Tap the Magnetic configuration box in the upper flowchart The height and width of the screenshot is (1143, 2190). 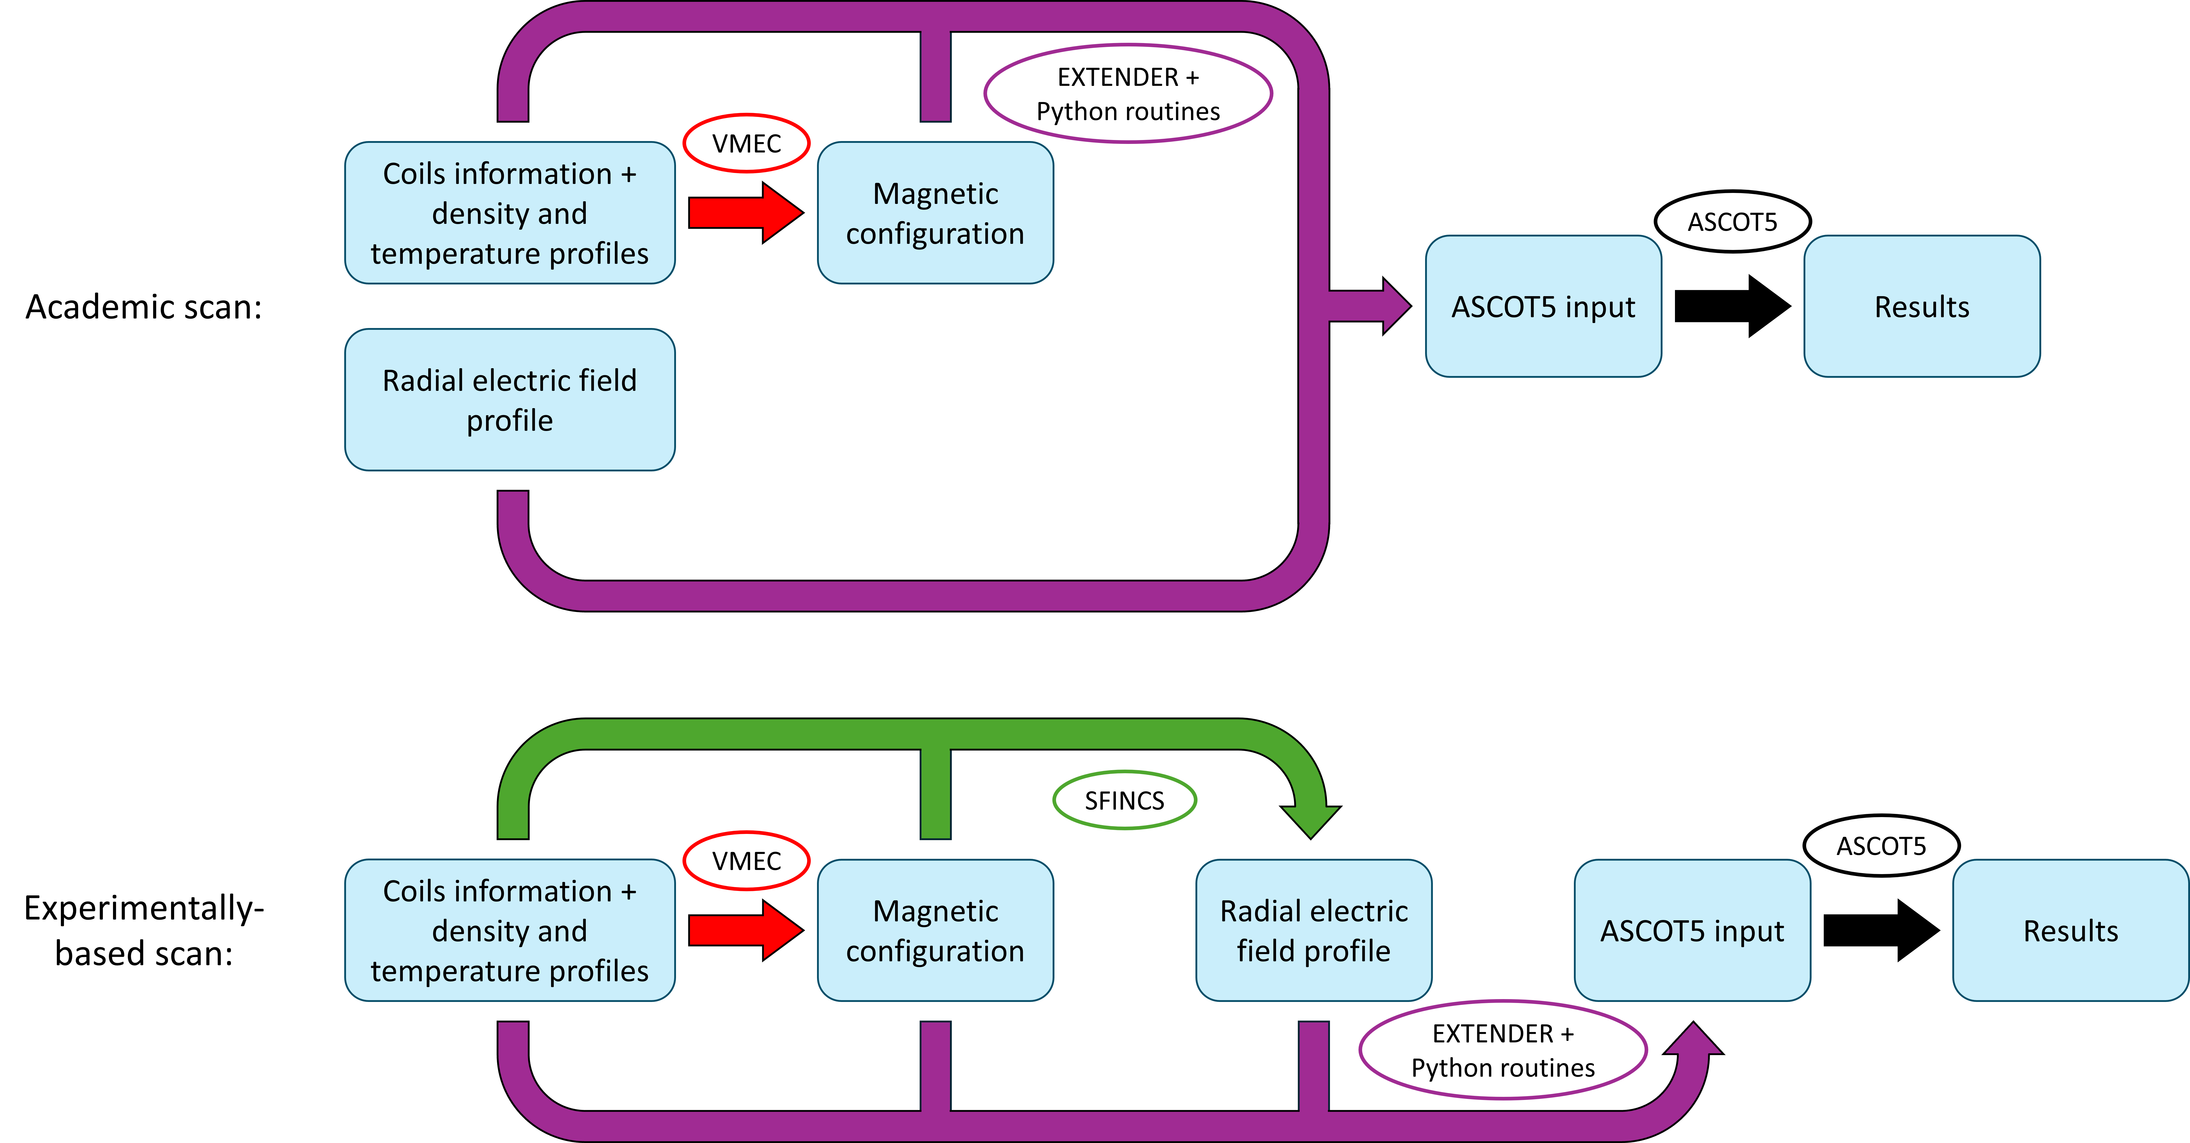coord(935,213)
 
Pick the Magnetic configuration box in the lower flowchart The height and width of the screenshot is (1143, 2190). coord(935,930)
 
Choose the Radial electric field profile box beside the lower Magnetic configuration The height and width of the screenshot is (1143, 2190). coord(1313,930)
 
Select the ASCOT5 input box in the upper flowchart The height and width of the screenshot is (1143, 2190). coord(1543,306)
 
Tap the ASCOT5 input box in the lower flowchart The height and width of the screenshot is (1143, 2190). coord(1692,930)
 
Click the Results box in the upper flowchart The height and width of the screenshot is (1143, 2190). coord(1921,306)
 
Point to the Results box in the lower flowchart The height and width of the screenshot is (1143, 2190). coord(2070,930)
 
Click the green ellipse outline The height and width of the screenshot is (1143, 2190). coord(1125,772)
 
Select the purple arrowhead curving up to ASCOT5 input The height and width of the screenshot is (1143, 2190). coord(1694,1039)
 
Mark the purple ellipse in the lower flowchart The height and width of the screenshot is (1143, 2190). coord(1503,1002)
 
